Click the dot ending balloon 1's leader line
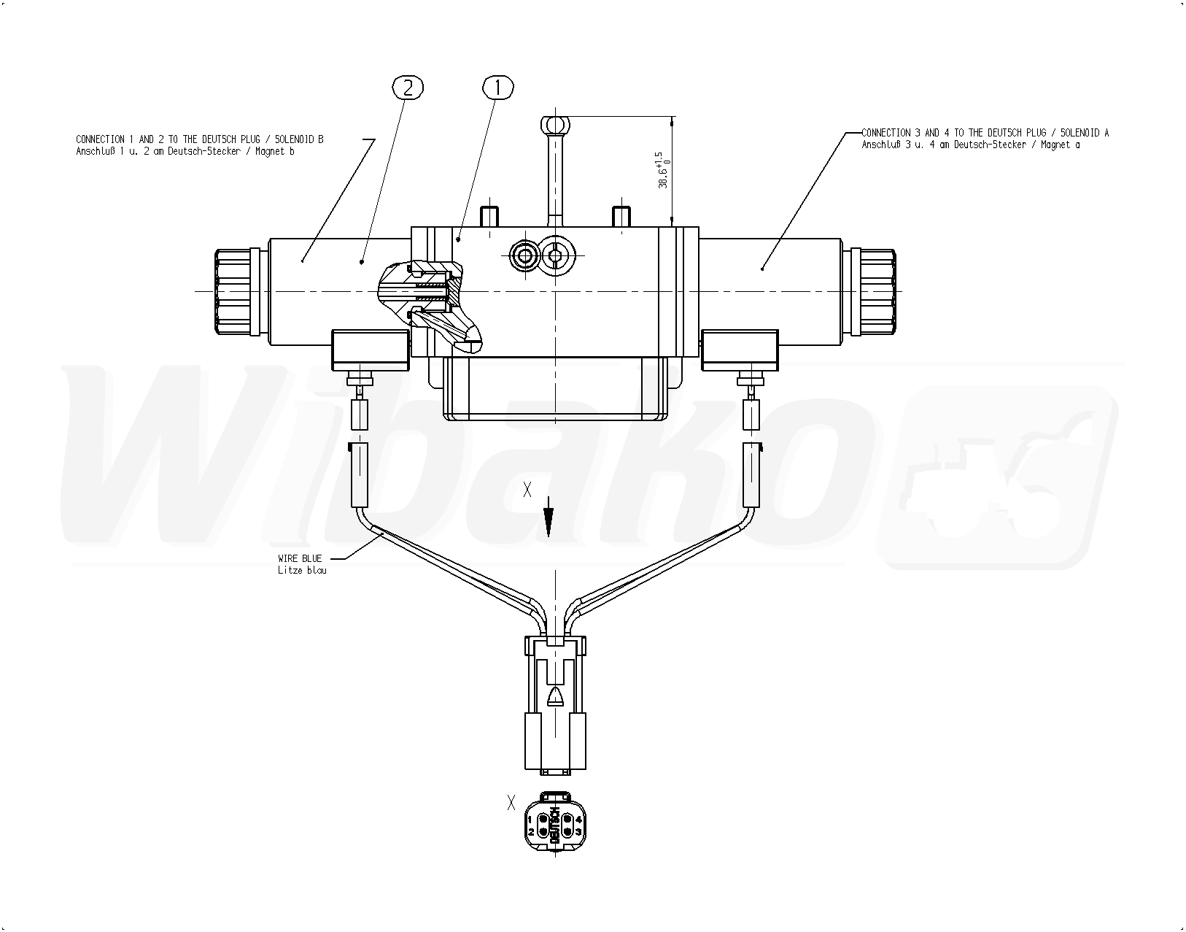coord(459,239)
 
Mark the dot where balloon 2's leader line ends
coord(362,262)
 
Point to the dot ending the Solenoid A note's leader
coord(762,268)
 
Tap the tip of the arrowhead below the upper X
coord(549,536)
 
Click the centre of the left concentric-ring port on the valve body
coord(526,255)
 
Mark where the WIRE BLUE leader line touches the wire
coord(383,535)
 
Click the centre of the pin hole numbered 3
coord(567,831)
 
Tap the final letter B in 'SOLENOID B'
coord(320,139)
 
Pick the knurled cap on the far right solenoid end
coord(874,291)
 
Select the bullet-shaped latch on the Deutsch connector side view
coord(556,697)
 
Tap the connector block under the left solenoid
coord(371,350)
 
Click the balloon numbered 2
coord(408,88)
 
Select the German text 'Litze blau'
coord(302,571)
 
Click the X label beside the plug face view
coord(511,802)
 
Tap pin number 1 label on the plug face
coord(530,819)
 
